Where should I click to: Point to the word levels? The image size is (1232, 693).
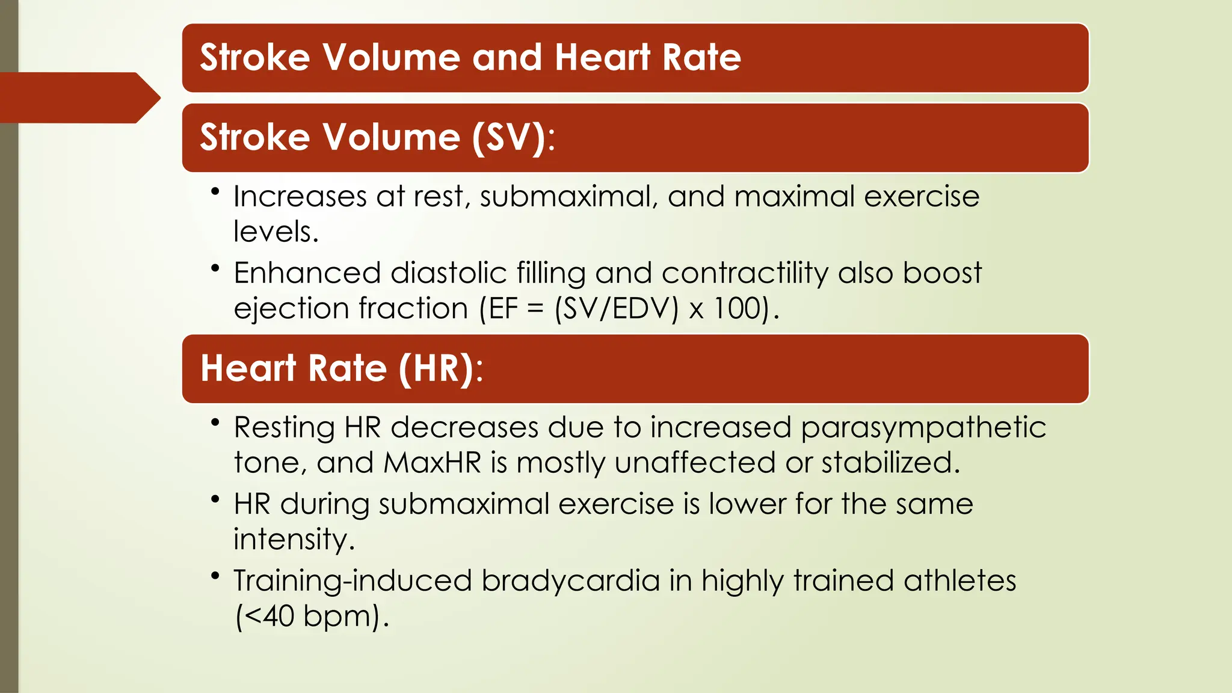point(276,232)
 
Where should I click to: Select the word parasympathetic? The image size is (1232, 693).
point(923,428)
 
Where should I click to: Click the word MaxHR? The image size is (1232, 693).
point(433,463)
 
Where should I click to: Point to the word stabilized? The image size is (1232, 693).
point(890,463)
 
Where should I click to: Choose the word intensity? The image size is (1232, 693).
point(294,540)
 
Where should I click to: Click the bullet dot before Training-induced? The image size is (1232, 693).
point(215,576)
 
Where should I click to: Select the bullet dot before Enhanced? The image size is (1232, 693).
point(215,268)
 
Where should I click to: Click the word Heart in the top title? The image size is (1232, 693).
point(602,58)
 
